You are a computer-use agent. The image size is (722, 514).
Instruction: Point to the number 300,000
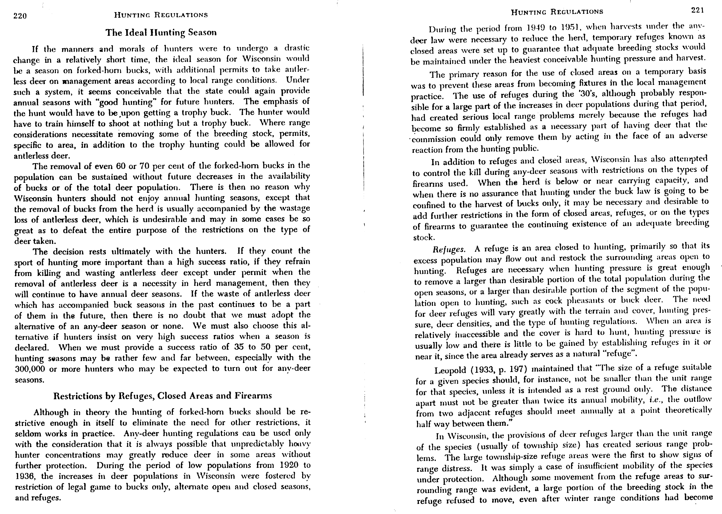click(x=30, y=369)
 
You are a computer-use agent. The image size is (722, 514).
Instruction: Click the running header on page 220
click(x=161, y=15)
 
